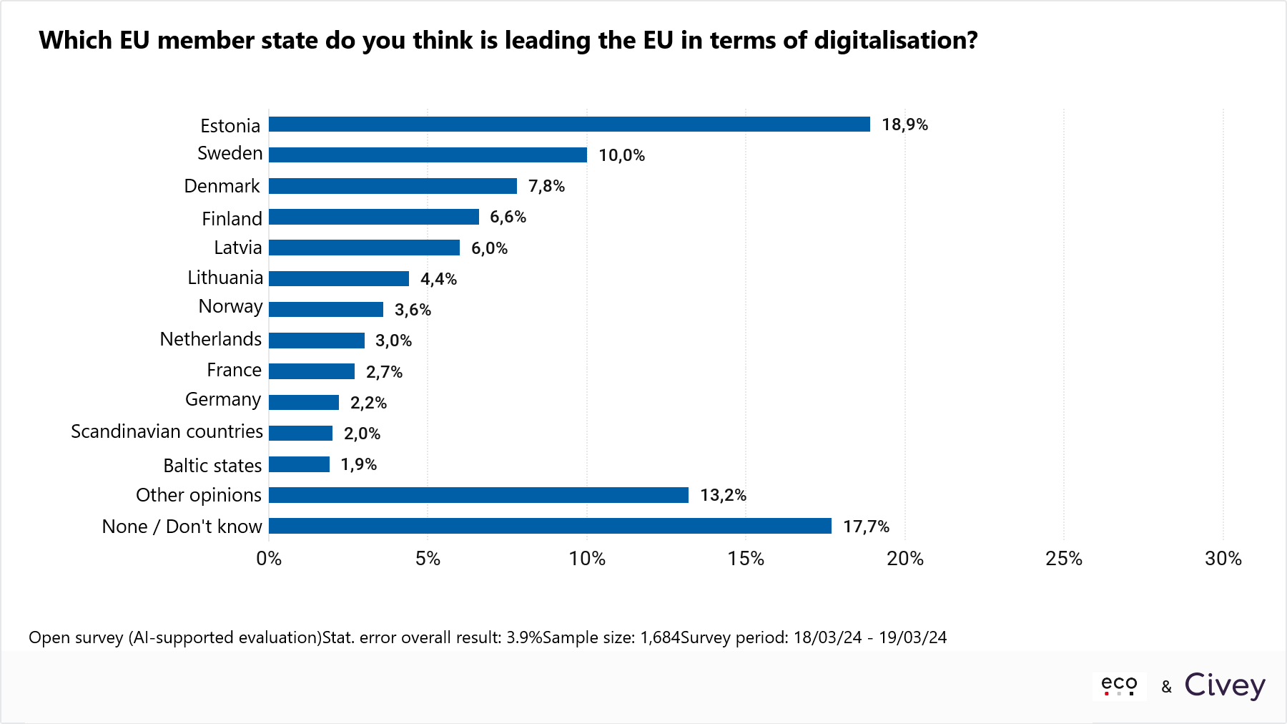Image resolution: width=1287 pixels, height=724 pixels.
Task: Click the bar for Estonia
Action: click(x=569, y=124)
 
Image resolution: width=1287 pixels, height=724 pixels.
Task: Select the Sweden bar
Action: click(x=428, y=155)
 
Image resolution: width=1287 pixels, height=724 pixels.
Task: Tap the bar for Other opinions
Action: click(x=478, y=495)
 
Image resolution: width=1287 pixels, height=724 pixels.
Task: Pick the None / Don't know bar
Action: click(x=550, y=526)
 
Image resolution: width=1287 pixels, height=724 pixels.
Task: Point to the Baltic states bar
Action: click(x=299, y=464)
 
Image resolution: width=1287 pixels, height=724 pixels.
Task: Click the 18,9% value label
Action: click(x=904, y=124)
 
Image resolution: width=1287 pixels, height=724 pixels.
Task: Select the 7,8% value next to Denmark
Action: click(x=546, y=186)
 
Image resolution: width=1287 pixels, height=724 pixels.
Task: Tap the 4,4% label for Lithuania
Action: click(x=438, y=279)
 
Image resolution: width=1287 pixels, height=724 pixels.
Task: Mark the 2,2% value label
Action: click(x=368, y=403)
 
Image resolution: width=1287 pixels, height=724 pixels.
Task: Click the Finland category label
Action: click(x=232, y=218)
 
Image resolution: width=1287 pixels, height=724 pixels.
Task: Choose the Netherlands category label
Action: click(x=211, y=339)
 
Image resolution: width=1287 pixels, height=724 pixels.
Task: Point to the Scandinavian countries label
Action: click(x=167, y=431)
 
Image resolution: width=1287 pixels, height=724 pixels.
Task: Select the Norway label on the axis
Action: click(x=230, y=306)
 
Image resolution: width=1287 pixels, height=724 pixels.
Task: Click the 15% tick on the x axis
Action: click(x=746, y=559)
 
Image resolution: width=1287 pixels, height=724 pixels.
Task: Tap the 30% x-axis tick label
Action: click(x=1223, y=559)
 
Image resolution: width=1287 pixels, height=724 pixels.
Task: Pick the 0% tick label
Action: click(x=269, y=559)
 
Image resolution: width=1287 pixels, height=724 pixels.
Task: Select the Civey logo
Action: click(x=1224, y=685)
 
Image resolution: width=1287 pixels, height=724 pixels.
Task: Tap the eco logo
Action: click(x=1119, y=685)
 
